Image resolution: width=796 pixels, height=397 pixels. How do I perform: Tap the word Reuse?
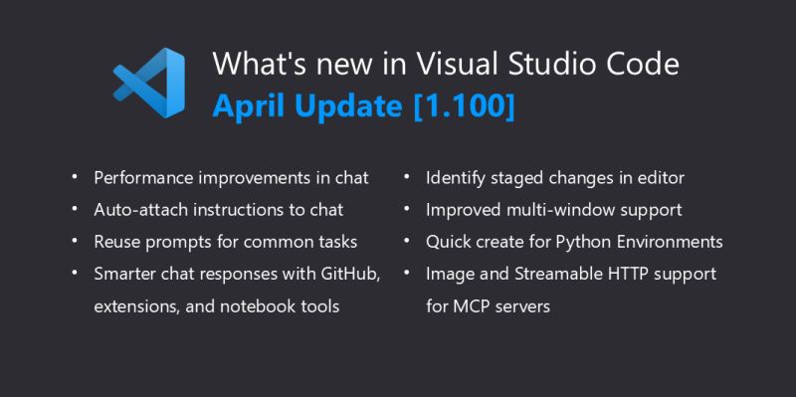(x=117, y=242)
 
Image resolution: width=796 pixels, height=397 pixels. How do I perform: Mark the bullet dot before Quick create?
(x=408, y=242)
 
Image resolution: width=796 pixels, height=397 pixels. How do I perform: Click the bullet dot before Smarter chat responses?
(x=76, y=274)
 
